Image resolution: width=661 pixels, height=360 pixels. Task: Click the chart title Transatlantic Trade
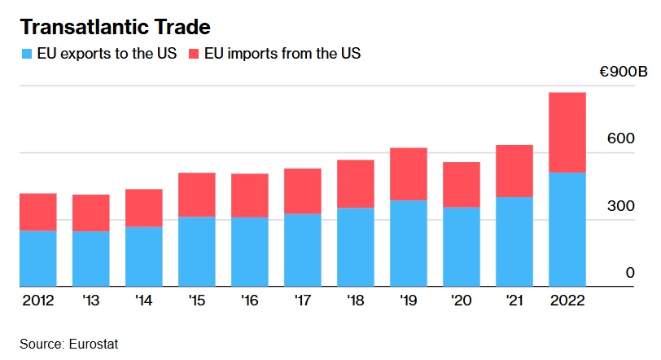tap(115, 26)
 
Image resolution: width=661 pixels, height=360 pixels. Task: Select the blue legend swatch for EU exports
tap(26, 54)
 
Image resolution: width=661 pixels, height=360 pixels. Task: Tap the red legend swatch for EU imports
tap(193, 54)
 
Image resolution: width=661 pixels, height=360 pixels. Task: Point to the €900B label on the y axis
tap(623, 73)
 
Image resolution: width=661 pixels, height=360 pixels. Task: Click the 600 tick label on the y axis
tap(623, 139)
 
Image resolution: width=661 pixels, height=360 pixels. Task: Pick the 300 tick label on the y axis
tap(623, 206)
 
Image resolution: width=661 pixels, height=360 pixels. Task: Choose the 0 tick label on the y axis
tap(630, 273)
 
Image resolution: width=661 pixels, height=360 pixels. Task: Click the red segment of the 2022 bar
tap(567, 132)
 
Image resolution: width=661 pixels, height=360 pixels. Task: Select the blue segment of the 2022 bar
tap(567, 229)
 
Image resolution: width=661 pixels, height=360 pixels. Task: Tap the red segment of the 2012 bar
tap(38, 212)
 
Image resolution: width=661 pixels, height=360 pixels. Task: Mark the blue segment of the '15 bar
tap(197, 252)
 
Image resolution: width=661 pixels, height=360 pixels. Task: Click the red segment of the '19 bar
tap(409, 173)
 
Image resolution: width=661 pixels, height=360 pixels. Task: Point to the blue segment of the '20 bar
tap(462, 247)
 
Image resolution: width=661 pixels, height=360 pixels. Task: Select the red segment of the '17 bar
tap(303, 191)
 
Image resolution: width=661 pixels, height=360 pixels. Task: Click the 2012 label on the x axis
tap(38, 301)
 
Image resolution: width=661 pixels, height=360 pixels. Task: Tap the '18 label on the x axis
tap(356, 301)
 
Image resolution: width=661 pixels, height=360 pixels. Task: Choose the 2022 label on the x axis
tap(567, 301)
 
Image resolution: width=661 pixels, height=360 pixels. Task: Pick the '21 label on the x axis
tap(514, 301)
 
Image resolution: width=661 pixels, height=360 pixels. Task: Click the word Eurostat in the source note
tap(94, 344)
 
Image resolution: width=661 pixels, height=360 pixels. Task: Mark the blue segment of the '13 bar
tap(91, 259)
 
